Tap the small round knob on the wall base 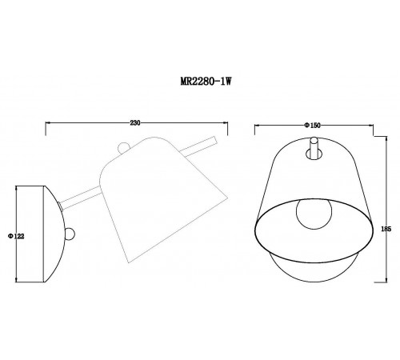(x=70, y=234)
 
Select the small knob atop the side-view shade (x=122, y=148)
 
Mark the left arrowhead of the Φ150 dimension (x=256, y=129)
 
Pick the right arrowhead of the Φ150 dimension (x=370, y=129)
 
